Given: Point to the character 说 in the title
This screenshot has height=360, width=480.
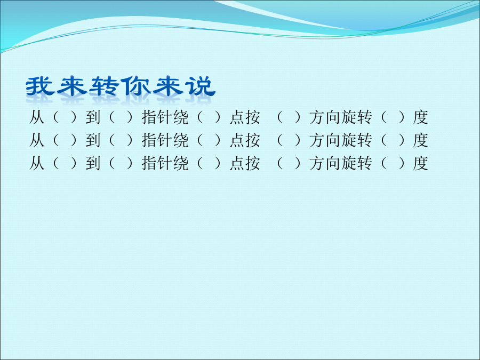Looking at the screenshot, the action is click(x=200, y=86).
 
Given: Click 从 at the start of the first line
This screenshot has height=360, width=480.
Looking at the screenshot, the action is click(x=37, y=117).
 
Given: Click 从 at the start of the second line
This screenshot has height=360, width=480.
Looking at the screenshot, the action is click(x=37, y=140).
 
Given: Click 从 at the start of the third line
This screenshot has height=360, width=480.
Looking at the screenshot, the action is click(x=37, y=163).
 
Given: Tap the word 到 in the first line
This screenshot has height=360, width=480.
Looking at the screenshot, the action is click(x=93, y=117).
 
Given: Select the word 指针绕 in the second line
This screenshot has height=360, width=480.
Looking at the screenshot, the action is click(x=165, y=140).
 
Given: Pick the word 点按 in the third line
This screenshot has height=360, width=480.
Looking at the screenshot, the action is click(x=245, y=163).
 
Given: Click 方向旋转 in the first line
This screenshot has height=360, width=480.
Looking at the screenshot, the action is click(x=340, y=117).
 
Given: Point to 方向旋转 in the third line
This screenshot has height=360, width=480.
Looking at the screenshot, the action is click(x=340, y=163).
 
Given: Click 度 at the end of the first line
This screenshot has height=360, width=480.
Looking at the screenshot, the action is click(x=420, y=117).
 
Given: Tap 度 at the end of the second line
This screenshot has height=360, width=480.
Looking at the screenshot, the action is click(x=420, y=140).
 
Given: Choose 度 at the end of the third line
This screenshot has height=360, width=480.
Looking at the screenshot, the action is click(x=420, y=163).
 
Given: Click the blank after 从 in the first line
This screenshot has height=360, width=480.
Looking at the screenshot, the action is click(x=65, y=117).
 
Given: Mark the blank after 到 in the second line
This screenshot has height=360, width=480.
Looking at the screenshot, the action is click(x=121, y=140).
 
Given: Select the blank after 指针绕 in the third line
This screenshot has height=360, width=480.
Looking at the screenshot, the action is click(x=209, y=163).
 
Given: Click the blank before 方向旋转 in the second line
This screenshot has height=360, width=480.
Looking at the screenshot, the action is click(x=289, y=140).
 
